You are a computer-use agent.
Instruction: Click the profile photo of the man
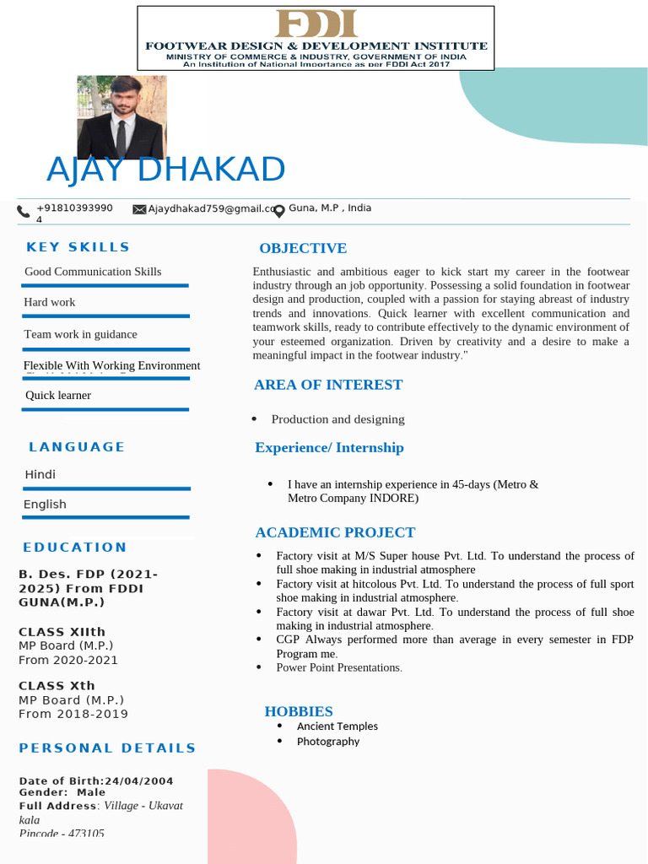[122, 116]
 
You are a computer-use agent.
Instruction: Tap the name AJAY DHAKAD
[166, 170]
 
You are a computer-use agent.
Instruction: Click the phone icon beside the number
[24, 212]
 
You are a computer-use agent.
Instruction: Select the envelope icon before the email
[139, 209]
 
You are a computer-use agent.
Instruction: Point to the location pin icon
[279, 211]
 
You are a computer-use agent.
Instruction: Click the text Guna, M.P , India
[330, 208]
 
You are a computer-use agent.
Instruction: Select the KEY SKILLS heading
[78, 247]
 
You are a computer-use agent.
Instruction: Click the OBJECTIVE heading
[303, 248]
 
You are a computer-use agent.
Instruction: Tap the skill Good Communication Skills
[93, 272]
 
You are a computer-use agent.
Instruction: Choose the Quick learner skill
[58, 395]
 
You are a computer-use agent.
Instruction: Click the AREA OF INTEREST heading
[328, 385]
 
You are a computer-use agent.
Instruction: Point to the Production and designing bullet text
[337, 419]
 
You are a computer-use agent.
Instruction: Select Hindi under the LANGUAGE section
[40, 475]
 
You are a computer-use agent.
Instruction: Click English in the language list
[46, 505]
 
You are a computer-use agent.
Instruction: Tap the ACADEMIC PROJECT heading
[335, 532]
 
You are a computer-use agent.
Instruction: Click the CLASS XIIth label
[62, 632]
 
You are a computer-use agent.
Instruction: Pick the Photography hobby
[328, 742]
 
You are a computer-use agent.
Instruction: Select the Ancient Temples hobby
[337, 726]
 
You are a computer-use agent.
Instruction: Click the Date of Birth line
[96, 781]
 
